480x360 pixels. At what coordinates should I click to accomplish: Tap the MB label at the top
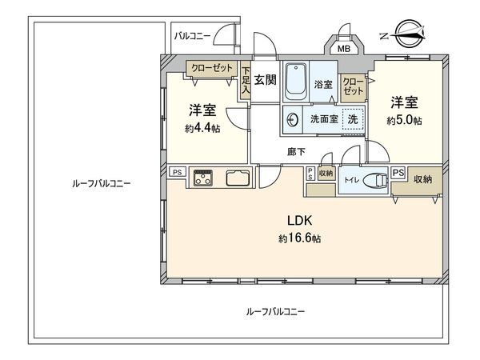[x=345, y=48]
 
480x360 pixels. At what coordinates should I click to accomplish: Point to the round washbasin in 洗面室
[x=294, y=119]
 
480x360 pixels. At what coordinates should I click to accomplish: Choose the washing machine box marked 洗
[x=352, y=118]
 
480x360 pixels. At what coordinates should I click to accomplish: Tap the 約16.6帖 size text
[x=300, y=238]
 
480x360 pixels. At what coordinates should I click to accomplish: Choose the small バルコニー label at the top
[x=194, y=37]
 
